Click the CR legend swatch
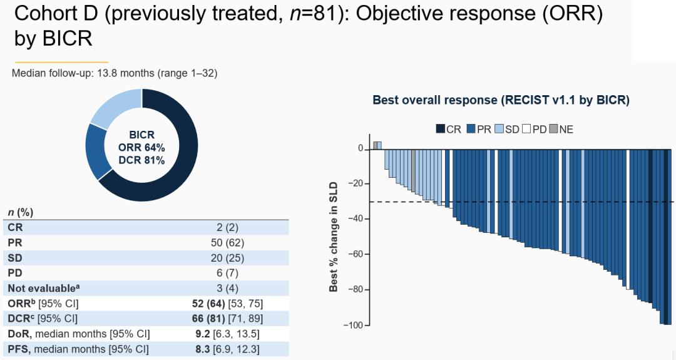(x=441, y=129)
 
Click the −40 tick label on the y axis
(x=355, y=219)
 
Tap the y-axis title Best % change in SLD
(x=334, y=237)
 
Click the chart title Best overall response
(x=501, y=100)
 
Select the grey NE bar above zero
(x=376, y=145)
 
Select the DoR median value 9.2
(x=201, y=333)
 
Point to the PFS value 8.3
(x=201, y=348)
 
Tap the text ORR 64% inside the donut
(x=142, y=148)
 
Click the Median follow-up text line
(x=115, y=73)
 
